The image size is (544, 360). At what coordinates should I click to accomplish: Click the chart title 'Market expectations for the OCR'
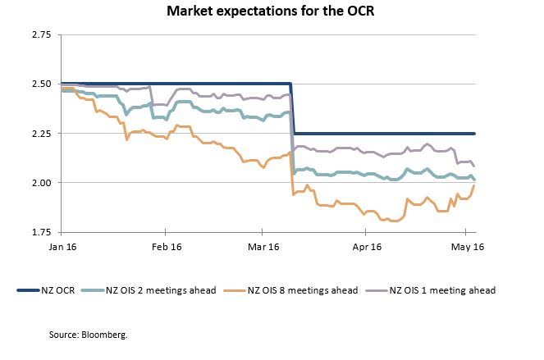pyautogui.click(x=272, y=12)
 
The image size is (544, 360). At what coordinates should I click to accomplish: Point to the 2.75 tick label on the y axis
pyautogui.click(x=40, y=35)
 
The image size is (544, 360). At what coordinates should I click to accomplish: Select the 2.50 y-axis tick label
pyautogui.click(x=40, y=84)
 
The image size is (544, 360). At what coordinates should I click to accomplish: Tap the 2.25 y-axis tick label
pyautogui.click(x=40, y=133)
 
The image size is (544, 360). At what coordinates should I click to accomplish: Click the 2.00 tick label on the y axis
pyautogui.click(x=40, y=182)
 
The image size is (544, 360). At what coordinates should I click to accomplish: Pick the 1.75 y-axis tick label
pyautogui.click(x=40, y=231)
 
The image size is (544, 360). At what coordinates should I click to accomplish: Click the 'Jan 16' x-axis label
pyautogui.click(x=62, y=246)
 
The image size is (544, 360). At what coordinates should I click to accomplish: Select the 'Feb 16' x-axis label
pyautogui.click(x=166, y=246)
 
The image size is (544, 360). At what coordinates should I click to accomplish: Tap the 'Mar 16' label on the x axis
pyautogui.click(x=264, y=246)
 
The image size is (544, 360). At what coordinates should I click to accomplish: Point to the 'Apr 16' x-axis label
pyautogui.click(x=367, y=246)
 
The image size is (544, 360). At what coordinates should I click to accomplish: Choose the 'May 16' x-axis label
pyautogui.click(x=466, y=246)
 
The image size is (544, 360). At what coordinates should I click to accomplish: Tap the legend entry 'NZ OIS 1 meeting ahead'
pyautogui.click(x=442, y=289)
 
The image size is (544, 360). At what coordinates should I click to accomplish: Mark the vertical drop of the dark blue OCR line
pyautogui.click(x=293, y=108)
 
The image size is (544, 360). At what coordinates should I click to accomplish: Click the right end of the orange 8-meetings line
pyautogui.click(x=475, y=185)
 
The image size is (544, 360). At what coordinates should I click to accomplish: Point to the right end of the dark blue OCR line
pyautogui.click(x=475, y=134)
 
